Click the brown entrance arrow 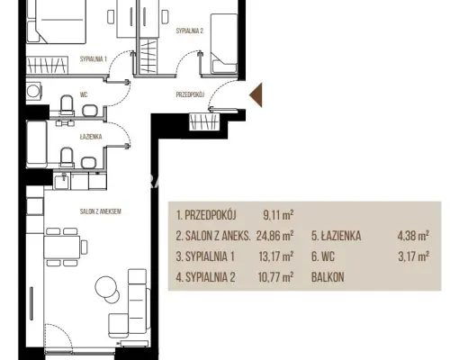pyautogui.click(x=257, y=94)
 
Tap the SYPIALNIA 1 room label pyautogui.click(x=94, y=59)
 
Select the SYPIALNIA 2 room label pyautogui.click(x=190, y=31)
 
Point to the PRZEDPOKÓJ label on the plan pyautogui.click(x=190, y=94)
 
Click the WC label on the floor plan pyautogui.click(x=84, y=94)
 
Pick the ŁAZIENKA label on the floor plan pyautogui.click(x=91, y=137)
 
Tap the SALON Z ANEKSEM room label pyautogui.click(x=101, y=211)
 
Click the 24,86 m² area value pyautogui.click(x=274, y=236)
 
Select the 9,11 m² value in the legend pyautogui.click(x=278, y=215)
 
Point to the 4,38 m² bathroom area pyautogui.click(x=413, y=236)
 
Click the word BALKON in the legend pyautogui.click(x=328, y=277)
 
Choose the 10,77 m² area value pyautogui.click(x=275, y=277)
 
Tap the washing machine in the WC pyautogui.click(x=33, y=90)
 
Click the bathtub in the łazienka pyautogui.click(x=37, y=144)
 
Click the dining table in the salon pyautogui.click(x=62, y=247)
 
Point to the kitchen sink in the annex pyautogui.click(x=62, y=181)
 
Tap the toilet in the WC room pyautogui.click(x=67, y=104)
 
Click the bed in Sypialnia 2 pyautogui.click(x=224, y=43)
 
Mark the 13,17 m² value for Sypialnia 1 pyautogui.click(x=276, y=256)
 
